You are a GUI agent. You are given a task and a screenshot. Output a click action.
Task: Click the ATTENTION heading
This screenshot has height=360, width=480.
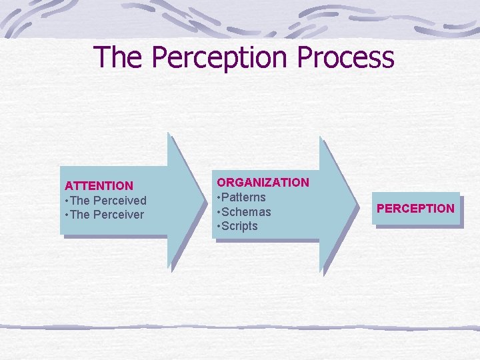pos(99,186)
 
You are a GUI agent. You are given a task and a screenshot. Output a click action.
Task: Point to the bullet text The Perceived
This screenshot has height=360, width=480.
pos(108,201)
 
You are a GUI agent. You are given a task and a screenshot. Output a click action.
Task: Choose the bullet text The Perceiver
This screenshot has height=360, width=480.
pos(107,215)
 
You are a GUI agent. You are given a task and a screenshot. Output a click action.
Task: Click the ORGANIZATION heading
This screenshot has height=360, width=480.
pos(263,183)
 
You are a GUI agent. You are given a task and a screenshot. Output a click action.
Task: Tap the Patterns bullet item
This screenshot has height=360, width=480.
pos(244,197)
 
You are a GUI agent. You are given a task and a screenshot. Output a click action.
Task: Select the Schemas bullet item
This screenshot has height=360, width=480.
pos(247,212)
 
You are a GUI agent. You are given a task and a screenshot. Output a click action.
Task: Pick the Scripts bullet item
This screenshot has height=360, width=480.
pos(241,227)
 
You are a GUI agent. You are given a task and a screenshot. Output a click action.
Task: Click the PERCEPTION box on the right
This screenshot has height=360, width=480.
pos(415,209)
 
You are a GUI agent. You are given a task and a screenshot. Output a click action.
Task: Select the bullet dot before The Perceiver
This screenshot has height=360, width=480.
pos(66,215)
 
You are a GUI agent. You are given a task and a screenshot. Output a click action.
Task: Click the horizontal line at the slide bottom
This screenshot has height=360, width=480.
pos(240,327)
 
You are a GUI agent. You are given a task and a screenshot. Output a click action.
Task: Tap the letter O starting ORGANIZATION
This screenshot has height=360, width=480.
pos(221,183)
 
